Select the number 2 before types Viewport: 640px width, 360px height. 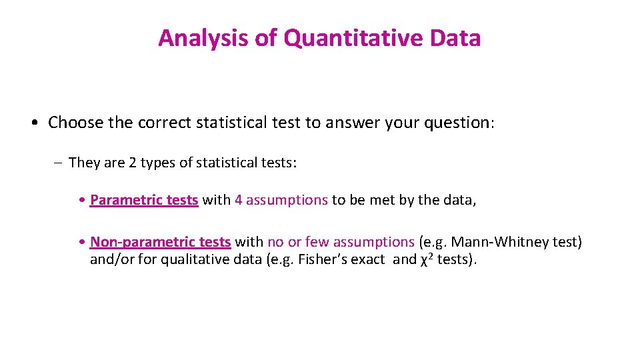pos(144,162)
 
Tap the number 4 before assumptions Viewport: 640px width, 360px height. pos(239,200)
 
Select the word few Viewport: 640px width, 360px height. pos(317,242)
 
